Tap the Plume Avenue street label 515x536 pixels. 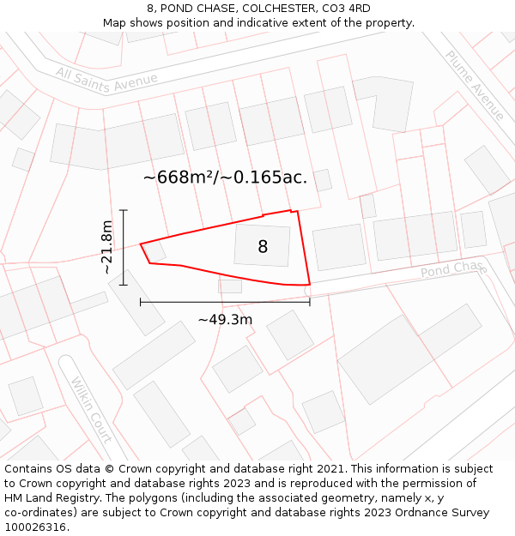[x=475, y=85]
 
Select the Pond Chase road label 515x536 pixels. [x=452, y=269]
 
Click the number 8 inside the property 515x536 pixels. [x=263, y=247]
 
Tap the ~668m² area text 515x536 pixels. [x=179, y=178]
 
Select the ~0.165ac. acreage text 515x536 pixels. [x=264, y=178]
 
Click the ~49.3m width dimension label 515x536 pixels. [x=225, y=320]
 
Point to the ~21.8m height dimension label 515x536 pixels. [x=106, y=247]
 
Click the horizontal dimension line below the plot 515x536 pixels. [x=225, y=302]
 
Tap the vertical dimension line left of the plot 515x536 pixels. [x=124, y=247]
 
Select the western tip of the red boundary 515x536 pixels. [x=141, y=244]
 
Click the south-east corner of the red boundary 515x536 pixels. [x=309, y=284]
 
